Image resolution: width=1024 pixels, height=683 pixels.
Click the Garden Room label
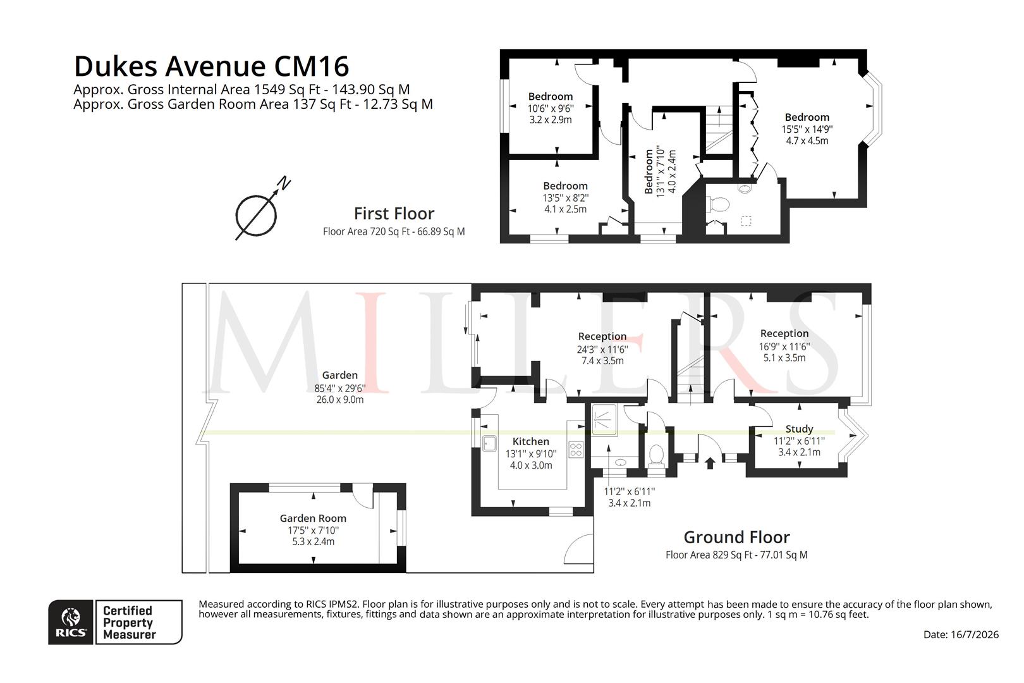(x=313, y=519)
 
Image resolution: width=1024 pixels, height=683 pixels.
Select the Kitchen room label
(x=531, y=441)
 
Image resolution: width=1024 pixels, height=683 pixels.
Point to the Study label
(x=799, y=429)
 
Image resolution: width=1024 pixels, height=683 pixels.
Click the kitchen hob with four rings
(x=576, y=449)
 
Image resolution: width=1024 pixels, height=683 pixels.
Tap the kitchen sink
(x=489, y=443)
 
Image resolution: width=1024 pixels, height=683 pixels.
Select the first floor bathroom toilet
(x=717, y=204)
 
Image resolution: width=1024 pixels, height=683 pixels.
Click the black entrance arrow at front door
(x=709, y=464)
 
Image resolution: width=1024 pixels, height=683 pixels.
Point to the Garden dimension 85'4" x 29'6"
(x=339, y=388)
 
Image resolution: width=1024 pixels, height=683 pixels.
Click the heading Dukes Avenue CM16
(x=212, y=66)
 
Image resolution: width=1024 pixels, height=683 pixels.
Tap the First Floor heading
(x=394, y=214)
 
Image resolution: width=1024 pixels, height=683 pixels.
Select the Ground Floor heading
(x=736, y=537)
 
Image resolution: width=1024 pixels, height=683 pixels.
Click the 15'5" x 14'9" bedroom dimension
(x=807, y=130)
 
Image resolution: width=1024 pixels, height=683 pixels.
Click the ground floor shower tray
(x=604, y=419)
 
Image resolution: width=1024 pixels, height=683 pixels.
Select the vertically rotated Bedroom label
(x=649, y=171)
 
